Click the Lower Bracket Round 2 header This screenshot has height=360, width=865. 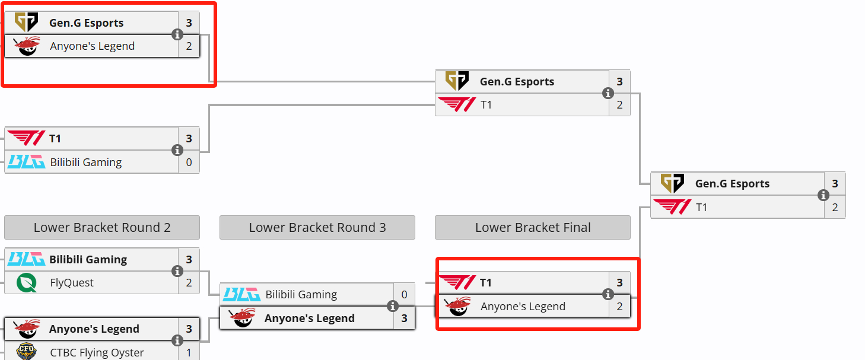(x=102, y=227)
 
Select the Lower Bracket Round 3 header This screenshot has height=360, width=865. (x=317, y=227)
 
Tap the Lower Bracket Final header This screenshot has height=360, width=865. (x=533, y=227)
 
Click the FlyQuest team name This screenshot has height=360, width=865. (x=72, y=283)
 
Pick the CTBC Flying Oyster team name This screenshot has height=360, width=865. (x=97, y=353)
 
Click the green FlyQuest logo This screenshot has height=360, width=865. (x=27, y=283)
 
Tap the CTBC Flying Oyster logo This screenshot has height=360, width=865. (x=27, y=351)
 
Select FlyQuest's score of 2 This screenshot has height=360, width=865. (x=189, y=283)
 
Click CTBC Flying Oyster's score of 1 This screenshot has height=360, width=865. (x=189, y=352)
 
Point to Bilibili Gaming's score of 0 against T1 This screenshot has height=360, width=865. (x=189, y=162)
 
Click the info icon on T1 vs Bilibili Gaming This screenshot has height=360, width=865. (x=177, y=150)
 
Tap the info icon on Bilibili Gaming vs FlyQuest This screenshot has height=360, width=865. (x=177, y=271)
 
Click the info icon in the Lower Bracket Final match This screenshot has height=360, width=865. (x=608, y=294)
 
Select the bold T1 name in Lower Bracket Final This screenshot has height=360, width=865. (x=486, y=283)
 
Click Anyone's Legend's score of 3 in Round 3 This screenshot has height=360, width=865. (x=404, y=318)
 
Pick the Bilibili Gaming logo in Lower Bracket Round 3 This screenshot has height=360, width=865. (x=242, y=294)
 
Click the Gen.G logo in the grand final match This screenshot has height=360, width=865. (x=672, y=183)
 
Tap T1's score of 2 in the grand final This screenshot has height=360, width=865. (x=835, y=207)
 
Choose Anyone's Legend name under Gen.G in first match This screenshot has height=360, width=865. (x=93, y=46)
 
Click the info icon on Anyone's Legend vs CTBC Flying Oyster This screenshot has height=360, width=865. (x=177, y=340)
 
